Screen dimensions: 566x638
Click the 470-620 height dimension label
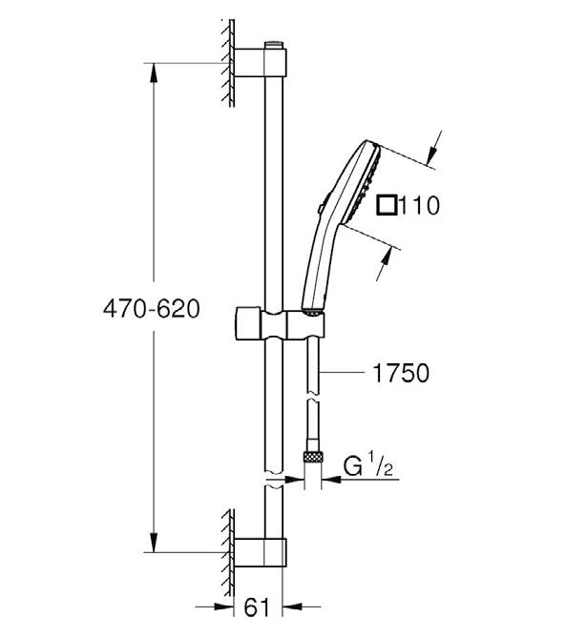(152, 308)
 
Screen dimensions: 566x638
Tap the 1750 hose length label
(401, 373)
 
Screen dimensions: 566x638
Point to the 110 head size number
(419, 205)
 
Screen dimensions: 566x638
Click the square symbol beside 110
(387, 205)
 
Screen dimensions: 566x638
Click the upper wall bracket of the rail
(261, 62)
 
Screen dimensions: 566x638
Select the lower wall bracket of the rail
(261, 552)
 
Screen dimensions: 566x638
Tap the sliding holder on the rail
(281, 324)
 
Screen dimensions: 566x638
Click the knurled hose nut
(313, 457)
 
